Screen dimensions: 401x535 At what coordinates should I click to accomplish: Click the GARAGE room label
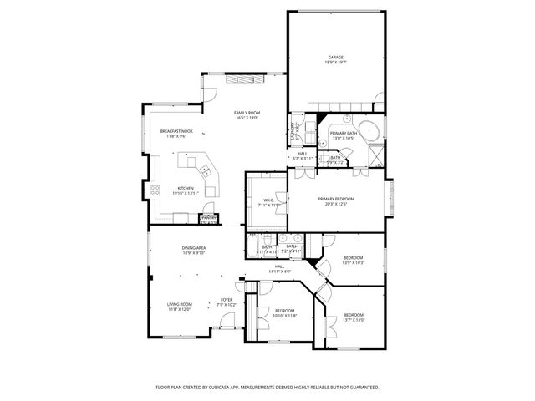[x=336, y=58]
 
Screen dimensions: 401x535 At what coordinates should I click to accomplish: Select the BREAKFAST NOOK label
[x=176, y=131]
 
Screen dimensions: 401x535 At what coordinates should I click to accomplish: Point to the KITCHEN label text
[x=185, y=189]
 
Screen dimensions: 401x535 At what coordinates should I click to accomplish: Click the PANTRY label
[x=208, y=220]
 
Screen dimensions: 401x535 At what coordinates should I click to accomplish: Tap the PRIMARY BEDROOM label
[x=336, y=199]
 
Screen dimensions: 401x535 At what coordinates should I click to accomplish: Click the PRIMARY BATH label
[x=344, y=134]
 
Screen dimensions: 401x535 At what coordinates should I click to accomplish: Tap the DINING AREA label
[x=194, y=249]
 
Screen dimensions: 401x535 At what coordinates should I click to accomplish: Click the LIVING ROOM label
[x=179, y=304]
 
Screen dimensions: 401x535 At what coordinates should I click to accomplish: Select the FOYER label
[x=227, y=300]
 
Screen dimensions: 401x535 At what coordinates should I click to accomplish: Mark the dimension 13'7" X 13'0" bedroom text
[x=353, y=320]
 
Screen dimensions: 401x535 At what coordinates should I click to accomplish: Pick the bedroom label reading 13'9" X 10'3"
[x=353, y=263]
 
